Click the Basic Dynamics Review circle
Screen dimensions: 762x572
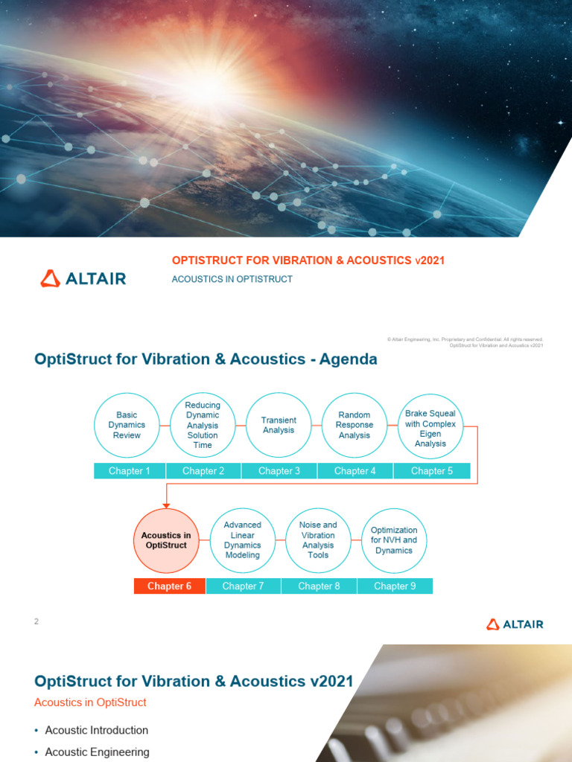click(127, 425)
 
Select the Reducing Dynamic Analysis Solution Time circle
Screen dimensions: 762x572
click(203, 425)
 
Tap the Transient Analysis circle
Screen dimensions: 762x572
click(279, 425)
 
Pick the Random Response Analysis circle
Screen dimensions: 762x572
click(355, 425)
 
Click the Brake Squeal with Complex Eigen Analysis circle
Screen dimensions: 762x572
click(430, 425)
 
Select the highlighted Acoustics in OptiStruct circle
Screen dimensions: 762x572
click(166, 541)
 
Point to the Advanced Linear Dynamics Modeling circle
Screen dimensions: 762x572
click(243, 541)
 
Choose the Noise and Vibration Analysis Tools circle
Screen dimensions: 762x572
click(318, 541)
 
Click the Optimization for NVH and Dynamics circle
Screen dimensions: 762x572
click(394, 541)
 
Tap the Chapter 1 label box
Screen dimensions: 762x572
click(130, 471)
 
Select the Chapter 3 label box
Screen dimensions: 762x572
click(279, 471)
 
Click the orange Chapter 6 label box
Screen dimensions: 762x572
click(170, 586)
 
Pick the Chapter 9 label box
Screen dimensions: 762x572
click(395, 586)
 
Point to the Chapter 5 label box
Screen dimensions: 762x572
click(432, 471)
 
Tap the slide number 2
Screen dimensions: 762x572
click(36, 622)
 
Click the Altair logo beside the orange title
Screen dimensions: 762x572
click(83, 279)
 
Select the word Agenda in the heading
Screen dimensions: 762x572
click(349, 360)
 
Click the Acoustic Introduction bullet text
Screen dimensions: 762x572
click(97, 731)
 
